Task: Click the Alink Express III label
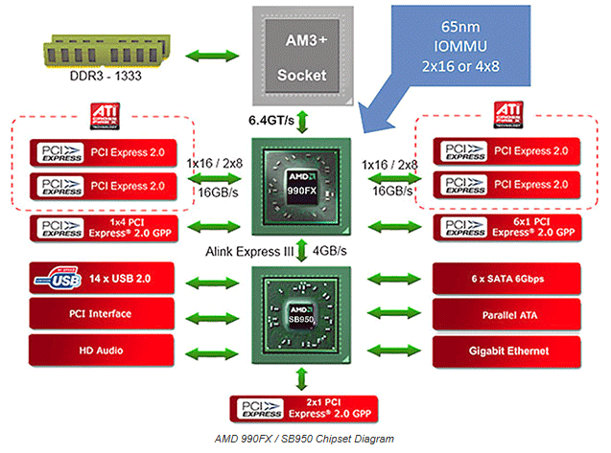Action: [246, 252]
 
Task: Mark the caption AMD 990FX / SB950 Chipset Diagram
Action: [304, 438]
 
